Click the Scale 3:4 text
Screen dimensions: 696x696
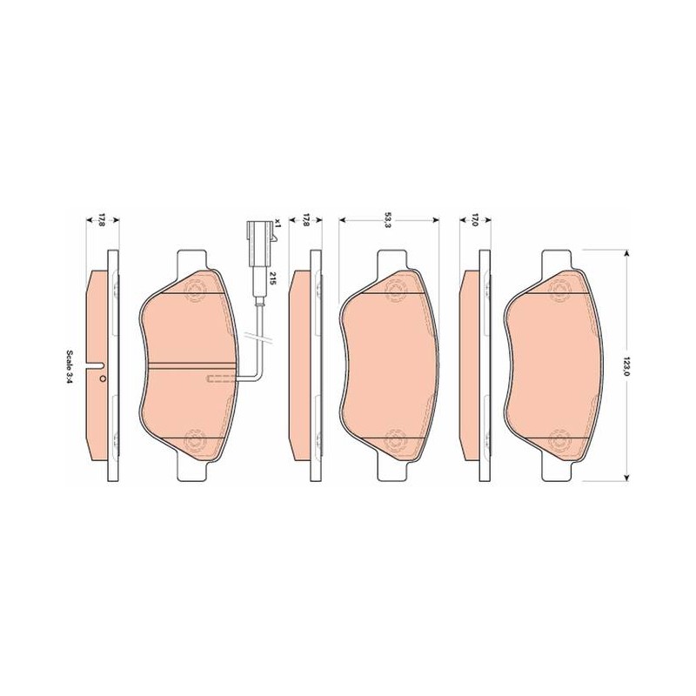coord(70,367)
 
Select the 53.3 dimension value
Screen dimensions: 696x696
coord(388,220)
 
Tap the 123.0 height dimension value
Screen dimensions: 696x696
coord(626,365)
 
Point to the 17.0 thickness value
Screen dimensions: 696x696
coord(474,220)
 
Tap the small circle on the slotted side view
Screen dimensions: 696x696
coord(103,378)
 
